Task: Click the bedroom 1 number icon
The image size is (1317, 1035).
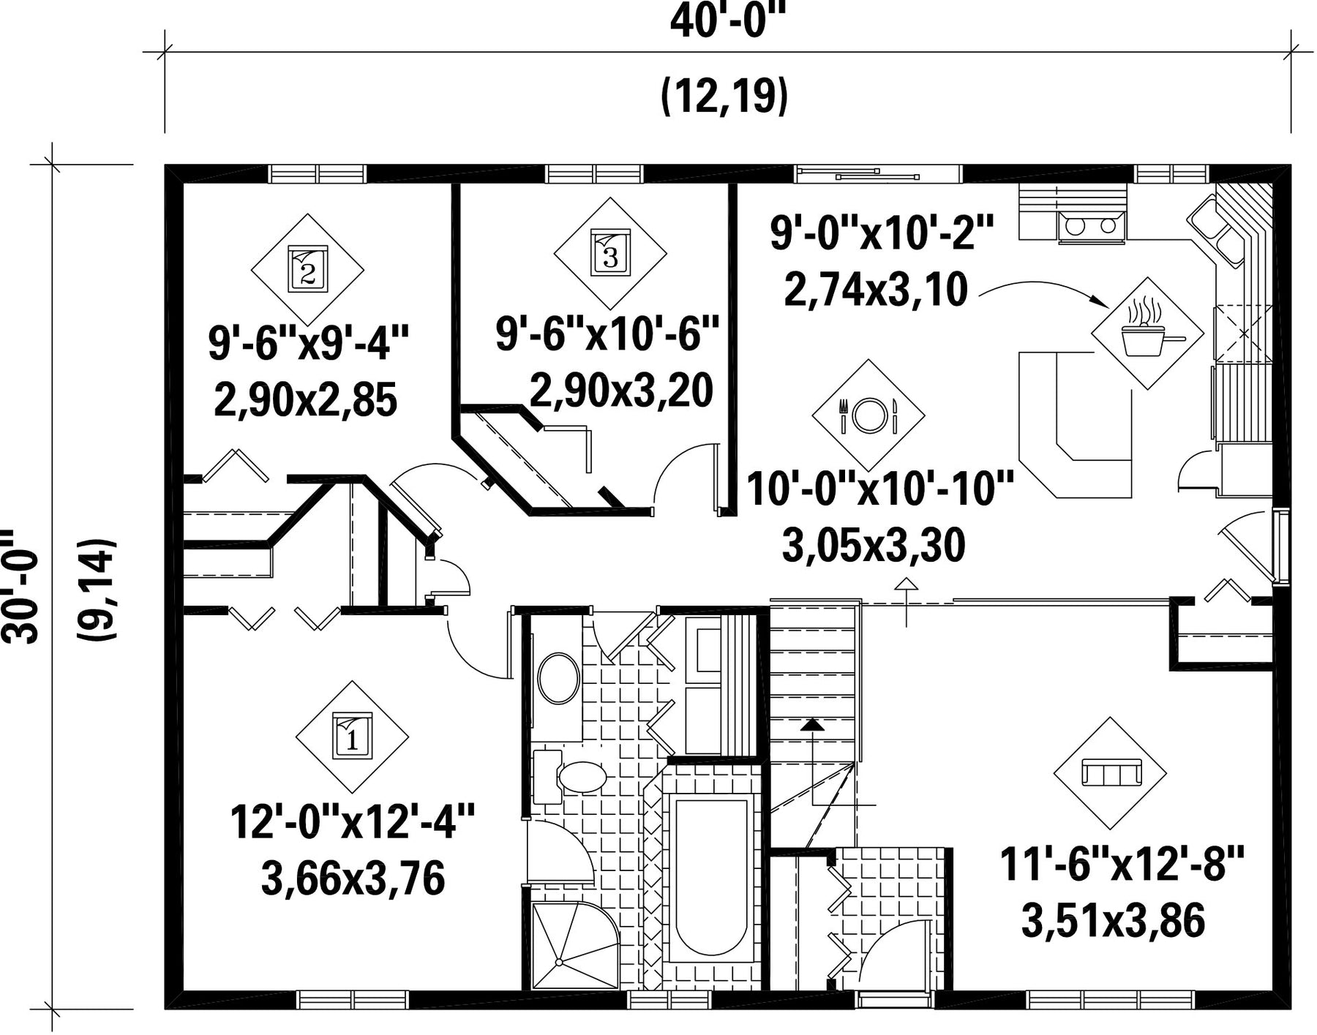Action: (x=353, y=737)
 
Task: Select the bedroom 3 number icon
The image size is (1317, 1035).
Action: (x=610, y=252)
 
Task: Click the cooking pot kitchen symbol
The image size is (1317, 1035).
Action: (x=1147, y=334)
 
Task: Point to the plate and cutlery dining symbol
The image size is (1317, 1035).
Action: (x=868, y=415)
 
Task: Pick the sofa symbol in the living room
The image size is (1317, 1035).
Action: (x=1110, y=773)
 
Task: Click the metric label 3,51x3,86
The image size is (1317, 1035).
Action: (x=1113, y=921)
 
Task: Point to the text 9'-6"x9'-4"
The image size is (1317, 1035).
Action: (x=309, y=343)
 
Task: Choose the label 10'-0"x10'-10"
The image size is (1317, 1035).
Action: (x=880, y=489)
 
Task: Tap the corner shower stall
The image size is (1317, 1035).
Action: (x=574, y=944)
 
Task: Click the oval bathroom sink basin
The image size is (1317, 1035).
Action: (x=559, y=678)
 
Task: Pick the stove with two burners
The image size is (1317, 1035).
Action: (x=1090, y=224)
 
